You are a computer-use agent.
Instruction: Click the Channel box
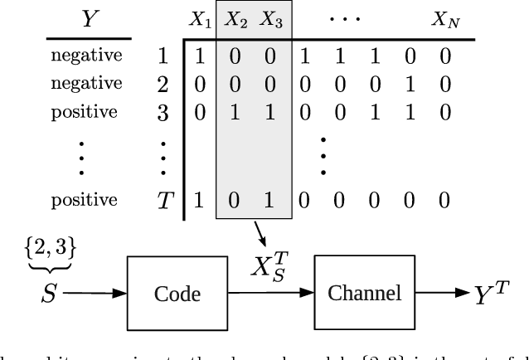pos(364,293)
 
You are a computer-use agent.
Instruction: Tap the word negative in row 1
pos(86,56)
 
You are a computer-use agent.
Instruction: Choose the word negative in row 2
pos(86,83)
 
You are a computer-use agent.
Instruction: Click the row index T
pos(163,201)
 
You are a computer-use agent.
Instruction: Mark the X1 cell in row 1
pos(199,57)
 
